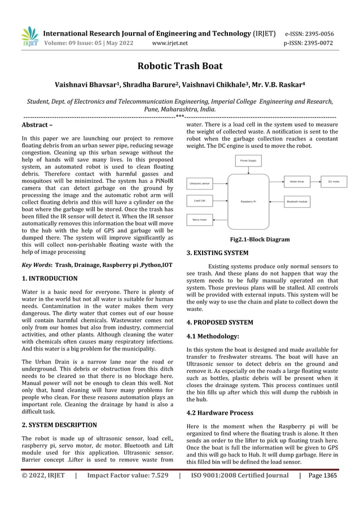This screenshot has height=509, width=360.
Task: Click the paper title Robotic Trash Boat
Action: [x=179, y=66]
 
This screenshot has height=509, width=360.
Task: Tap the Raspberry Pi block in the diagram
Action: [x=248, y=201]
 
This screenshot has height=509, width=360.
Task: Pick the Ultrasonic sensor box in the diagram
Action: [x=200, y=183]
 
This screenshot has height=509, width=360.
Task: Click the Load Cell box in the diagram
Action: [x=200, y=200]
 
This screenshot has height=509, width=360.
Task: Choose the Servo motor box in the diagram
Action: [x=200, y=219]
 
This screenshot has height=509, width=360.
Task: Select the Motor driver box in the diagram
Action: [x=297, y=182]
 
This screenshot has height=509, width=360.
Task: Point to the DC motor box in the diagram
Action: [x=334, y=182]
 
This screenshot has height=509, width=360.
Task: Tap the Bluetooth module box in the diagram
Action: [x=297, y=201]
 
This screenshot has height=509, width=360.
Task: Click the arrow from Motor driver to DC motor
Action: [x=316, y=182]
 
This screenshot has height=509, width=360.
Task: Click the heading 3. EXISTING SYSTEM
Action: [x=217, y=253]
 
